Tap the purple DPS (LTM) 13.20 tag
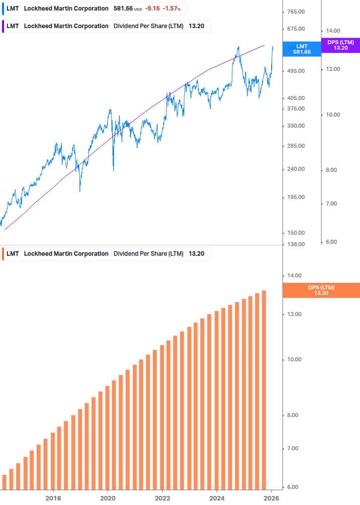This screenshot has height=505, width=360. tap(340, 45)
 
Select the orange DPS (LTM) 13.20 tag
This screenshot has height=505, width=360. tap(321, 290)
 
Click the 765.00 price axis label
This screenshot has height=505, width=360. tap(295, 12)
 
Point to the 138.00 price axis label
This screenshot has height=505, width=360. tap(295, 244)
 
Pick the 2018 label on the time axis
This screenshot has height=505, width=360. tap(53, 497)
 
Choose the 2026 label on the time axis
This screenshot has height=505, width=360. tap(272, 497)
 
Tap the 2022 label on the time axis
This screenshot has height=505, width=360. tap(162, 497)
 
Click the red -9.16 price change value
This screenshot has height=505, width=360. tap(152, 9)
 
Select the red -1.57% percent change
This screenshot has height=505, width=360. tap(171, 9)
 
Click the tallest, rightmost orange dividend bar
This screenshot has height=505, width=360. tap(264, 389)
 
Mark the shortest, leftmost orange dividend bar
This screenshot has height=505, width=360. tap(5, 482)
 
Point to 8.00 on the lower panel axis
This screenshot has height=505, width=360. tap(295, 415)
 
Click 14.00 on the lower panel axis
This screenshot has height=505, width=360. tap(295, 275)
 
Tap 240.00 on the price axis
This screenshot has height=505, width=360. tap(295, 169)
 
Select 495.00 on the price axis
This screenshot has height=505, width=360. tap(295, 71)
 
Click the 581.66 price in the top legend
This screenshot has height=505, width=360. tap(123, 9)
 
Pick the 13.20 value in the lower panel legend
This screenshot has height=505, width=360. tap(196, 254)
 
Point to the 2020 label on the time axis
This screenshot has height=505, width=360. tap(108, 497)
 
